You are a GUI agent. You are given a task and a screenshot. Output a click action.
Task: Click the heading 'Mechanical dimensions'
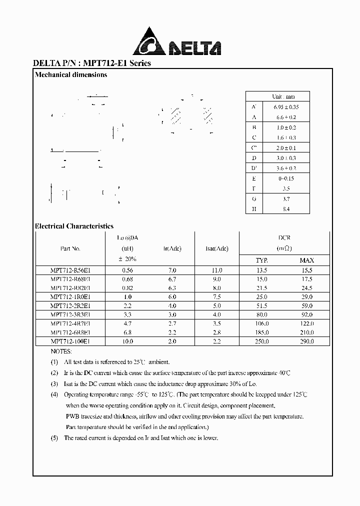click(x=71, y=75)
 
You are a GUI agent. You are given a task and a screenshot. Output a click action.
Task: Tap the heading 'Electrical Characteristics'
click(x=74, y=226)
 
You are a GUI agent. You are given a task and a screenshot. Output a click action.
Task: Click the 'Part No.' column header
click(x=70, y=248)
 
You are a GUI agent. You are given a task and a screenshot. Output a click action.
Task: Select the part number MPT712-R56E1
click(x=70, y=270)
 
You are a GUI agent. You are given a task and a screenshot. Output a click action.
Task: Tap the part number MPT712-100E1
click(x=70, y=341)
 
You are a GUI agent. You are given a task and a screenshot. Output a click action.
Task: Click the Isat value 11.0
click(x=217, y=270)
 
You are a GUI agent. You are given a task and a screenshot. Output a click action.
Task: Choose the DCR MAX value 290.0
click(x=306, y=341)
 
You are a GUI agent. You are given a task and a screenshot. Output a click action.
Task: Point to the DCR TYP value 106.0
click(x=261, y=323)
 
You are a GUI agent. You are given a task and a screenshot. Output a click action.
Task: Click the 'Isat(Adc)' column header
click(x=216, y=248)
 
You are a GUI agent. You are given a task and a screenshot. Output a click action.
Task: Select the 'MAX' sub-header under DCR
click(x=306, y=260)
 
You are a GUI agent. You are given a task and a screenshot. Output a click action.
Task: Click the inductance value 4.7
click(x=127, y=323)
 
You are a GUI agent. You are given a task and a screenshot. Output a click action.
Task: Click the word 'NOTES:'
click(x=61, y=351)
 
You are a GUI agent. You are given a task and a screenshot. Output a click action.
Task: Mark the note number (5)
click(x=54, y=438)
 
